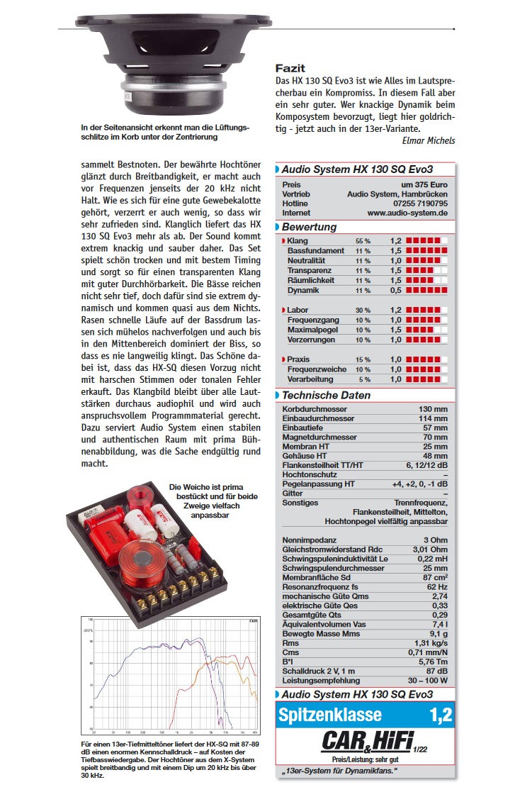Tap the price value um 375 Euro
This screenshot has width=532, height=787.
point(424,185)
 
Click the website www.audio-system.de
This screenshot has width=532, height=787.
point(407,213)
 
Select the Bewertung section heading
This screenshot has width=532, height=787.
point(309,228)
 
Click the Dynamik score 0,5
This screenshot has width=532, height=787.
point(396,291)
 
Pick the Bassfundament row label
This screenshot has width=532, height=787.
point(315,251)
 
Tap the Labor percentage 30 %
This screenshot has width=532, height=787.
point(363,311)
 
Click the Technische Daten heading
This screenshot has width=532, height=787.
point(326,396)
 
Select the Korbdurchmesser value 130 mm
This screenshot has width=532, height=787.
point(433,410)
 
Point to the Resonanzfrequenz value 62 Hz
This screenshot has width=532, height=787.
point(436,588)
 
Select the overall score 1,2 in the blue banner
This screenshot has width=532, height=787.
point(440,715)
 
